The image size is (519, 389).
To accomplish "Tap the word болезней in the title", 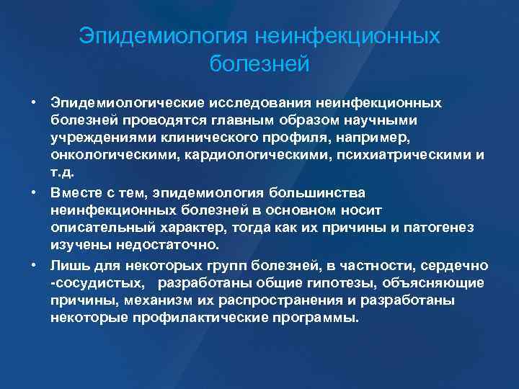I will [259, 64].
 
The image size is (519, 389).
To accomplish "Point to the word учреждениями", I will [97, 136].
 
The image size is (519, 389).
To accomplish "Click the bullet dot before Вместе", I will [35, 194].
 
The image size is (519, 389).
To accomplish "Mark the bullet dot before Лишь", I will [35, 264].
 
